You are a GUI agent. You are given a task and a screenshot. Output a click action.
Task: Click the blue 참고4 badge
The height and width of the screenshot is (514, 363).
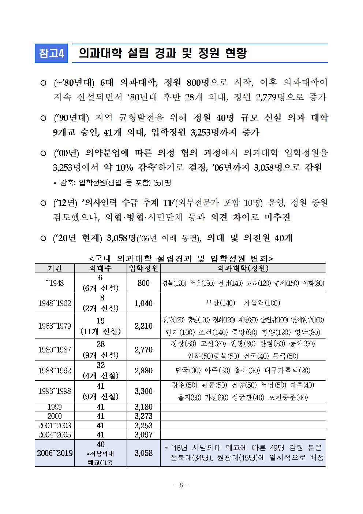[x=51, y=53]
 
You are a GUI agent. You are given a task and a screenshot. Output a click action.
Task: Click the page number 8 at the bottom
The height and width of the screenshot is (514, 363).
[x=181, y=485]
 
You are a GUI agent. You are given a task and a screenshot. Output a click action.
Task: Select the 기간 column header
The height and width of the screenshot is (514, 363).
[x=55, y=268]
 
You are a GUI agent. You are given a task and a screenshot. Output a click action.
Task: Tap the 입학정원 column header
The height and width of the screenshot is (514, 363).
[x=143, y=268]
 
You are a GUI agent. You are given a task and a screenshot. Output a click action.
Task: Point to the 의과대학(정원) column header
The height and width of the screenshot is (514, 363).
[x=243, y=268]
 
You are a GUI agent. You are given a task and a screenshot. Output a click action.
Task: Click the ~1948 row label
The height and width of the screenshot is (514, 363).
[x=55, y=283]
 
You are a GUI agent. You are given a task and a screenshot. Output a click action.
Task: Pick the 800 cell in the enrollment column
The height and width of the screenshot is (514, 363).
[x=143, y=283]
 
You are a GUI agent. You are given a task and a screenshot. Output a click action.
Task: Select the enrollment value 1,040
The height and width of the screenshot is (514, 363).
[x=143, y=303]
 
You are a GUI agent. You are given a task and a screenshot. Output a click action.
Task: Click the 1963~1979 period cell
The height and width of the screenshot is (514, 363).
[x=55, y=326]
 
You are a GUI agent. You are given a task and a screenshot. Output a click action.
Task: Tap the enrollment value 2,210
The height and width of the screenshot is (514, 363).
[x=143, y=326]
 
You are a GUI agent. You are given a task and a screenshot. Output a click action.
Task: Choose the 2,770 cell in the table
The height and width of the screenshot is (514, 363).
[x=143, y=350]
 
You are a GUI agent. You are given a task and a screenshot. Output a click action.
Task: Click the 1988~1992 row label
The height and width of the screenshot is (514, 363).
[x=55, y=370]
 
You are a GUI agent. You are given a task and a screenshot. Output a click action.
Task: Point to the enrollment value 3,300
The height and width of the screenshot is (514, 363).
[x=143, y=391]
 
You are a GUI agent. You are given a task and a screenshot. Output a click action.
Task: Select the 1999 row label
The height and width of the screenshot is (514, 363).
[x=55, y=407]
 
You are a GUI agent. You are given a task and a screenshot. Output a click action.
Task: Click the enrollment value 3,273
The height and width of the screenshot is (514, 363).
[x=143, y=416]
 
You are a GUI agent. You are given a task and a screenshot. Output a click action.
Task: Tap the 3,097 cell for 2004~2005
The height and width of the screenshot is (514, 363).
[x=143, y=435]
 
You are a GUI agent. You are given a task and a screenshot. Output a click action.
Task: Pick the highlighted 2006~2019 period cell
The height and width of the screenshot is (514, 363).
[x=55, y=453]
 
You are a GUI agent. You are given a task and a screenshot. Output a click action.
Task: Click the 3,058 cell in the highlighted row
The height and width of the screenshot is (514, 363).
[x=143, y=453]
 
